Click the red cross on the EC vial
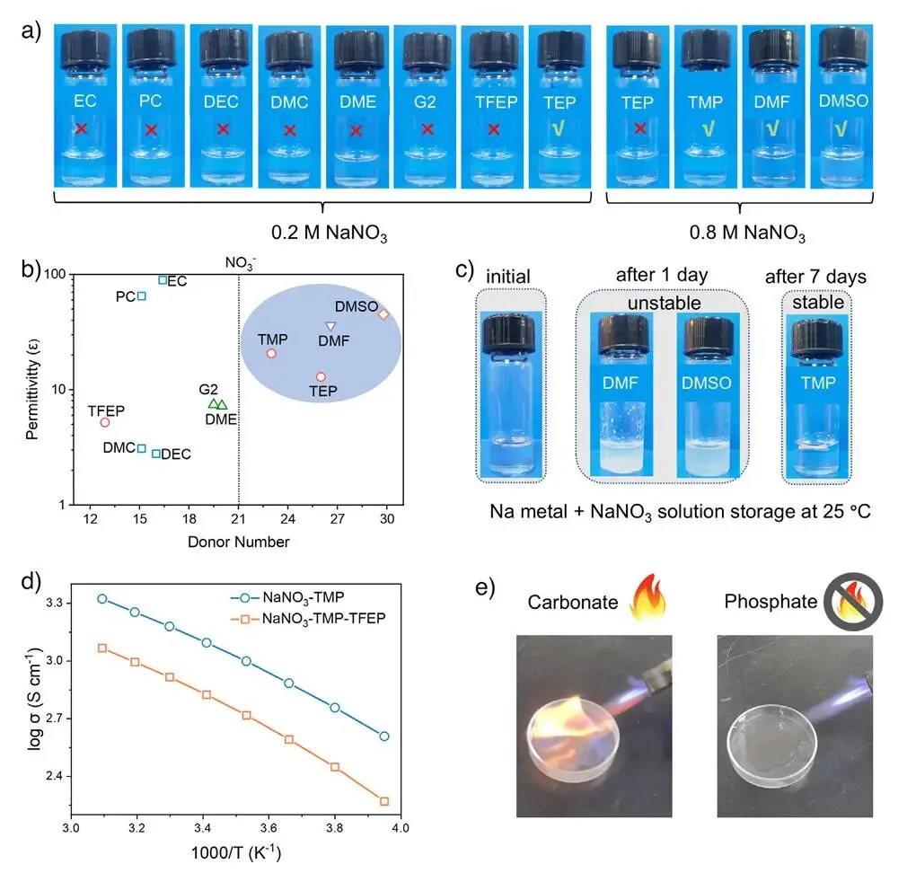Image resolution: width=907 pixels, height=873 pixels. click(x=81, y=129)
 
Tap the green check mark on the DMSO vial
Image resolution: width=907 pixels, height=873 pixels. click(x=841, y=129)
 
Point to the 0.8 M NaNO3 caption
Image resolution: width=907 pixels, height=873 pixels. click(x=746, y=235)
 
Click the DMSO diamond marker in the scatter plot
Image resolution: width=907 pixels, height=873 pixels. click(x=383, y=314)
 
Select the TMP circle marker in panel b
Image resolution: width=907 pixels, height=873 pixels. click(x=271, y=354)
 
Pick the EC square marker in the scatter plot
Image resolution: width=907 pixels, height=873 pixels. click(x=163, y=280)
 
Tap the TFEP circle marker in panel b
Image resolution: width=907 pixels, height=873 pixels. click(x=104, y=422)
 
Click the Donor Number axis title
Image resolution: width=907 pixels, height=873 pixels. click(x=238, y=542)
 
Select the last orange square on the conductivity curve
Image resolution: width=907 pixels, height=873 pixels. click(x=384, y=801)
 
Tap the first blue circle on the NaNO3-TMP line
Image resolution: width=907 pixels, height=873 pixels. click(x=101, y=598)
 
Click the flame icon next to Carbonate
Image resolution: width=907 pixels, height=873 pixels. click(x=651, y=601)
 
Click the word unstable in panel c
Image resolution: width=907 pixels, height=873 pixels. click(x=663, y=303)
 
